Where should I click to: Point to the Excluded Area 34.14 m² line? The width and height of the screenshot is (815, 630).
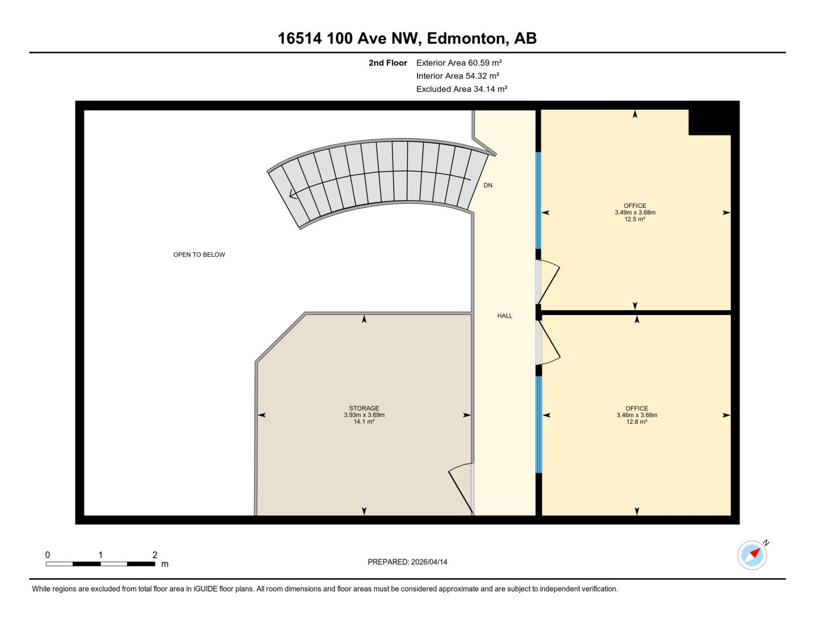click(x=461, y=89)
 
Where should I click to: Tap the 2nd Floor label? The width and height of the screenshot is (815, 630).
click(x=388, y=62)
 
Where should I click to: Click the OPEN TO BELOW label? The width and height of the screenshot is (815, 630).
click(x=199, y=255)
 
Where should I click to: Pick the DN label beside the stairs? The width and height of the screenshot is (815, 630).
click(x=488, y=185)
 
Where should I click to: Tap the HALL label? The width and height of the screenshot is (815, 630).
click(x=505, y=316)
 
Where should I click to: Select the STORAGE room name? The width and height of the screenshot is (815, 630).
click(x=364, y=408)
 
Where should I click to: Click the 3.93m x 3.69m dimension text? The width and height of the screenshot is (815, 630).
click(x=364, y=415)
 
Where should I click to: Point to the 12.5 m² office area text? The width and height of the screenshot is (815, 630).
click(x=635, y=219)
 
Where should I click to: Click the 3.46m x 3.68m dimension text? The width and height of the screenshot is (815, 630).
click(x=637, y=415)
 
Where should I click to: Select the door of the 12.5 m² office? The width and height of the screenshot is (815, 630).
click(x=549, y=283)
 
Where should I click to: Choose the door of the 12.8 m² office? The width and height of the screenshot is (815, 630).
click(x=549, y=342)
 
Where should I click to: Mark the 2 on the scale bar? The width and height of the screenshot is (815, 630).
click(x=155, y=554)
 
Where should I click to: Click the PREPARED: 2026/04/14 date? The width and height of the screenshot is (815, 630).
click(x=407, y=562)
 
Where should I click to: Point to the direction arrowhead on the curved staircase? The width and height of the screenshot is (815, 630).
click(x=293, y=194)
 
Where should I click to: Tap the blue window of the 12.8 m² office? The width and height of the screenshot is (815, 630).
click(x=538, y=424)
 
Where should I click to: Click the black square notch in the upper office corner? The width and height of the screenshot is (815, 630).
click(x=709, y=122)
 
